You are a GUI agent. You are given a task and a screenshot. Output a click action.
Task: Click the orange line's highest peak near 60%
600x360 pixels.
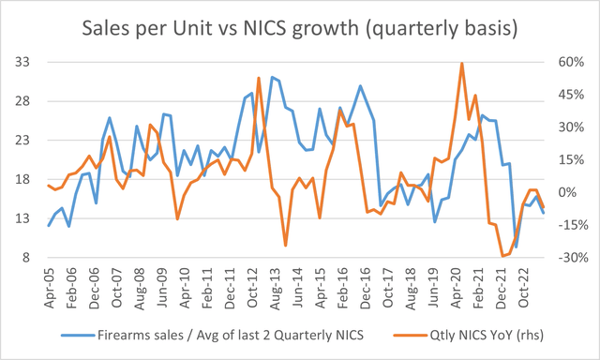(462, 64)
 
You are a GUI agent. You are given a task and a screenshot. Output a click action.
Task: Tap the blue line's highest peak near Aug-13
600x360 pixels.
(272, 77)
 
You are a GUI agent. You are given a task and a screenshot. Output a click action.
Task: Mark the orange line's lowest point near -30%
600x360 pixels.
(502, 256)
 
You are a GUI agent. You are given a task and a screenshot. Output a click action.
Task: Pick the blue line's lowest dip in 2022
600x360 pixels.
(516, 247)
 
